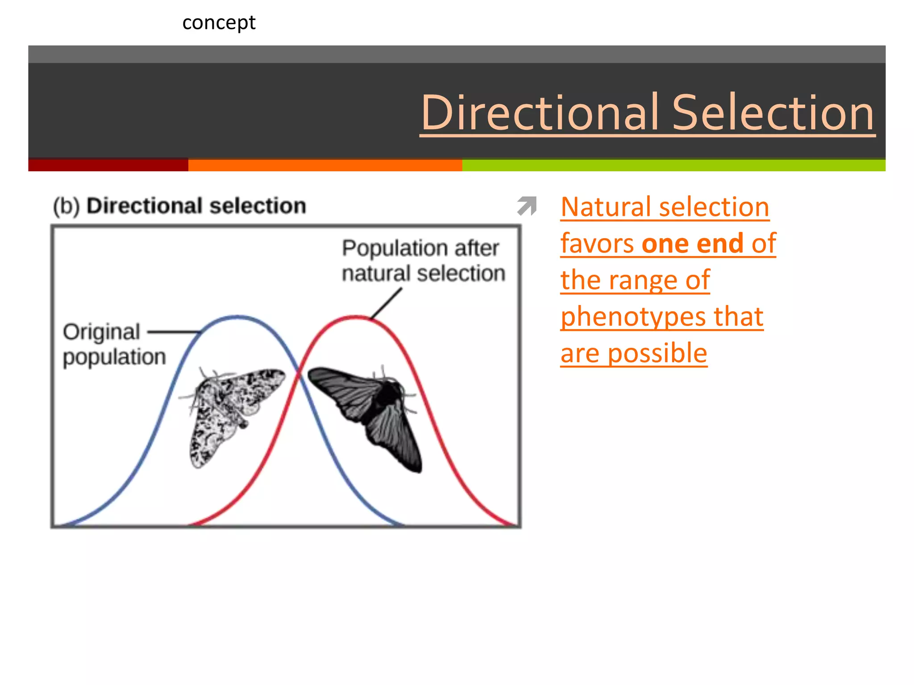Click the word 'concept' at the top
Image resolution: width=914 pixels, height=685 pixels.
click(219, 23)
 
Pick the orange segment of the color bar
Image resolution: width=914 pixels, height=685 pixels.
click(325, 165)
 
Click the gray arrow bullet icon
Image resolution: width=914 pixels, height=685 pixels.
click(527, 206)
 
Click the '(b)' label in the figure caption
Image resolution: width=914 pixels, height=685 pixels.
click(66, 206)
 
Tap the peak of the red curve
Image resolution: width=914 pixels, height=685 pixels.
click(356, 317)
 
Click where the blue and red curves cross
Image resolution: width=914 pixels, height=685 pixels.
click(299, 374)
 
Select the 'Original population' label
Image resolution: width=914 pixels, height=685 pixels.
click(114, 344)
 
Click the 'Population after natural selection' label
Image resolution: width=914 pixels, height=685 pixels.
click(423, 260)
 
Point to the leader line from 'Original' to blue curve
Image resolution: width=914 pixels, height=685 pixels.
click(174, 332)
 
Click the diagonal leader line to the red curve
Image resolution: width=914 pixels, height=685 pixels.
click(386, 303)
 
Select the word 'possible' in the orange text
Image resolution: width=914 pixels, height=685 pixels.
click(657, 353)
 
